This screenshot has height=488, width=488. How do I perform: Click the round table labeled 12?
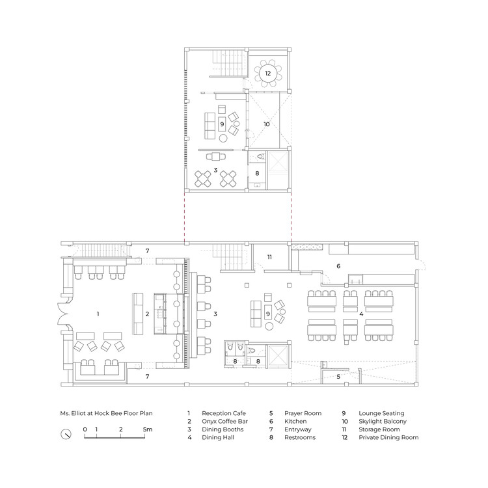click(x=268, y=74)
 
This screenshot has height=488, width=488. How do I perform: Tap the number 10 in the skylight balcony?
click(x=267, y=124)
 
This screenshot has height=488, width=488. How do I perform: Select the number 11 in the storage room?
click(x=269, y=257)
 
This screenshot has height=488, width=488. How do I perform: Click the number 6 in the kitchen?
click(x=338, y=266)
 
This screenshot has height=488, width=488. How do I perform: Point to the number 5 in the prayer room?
click(x=338, y=377)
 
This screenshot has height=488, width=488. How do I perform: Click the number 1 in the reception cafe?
click(x=98, y=314)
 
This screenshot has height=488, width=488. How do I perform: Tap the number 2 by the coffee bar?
click(x=147, y=314)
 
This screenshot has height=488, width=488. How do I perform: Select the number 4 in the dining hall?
click(x=361, y=314)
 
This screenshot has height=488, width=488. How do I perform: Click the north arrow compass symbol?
click(x=66, y=434)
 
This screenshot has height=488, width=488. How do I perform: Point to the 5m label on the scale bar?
click(x=148, y=429)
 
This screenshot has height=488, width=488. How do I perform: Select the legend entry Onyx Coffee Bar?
click(x=224, y=422)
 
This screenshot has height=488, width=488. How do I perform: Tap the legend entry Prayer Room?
click(x=303, y=413)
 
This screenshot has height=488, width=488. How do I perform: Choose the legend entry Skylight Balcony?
click(x=383, y=422)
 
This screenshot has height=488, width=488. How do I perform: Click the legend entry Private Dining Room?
click(x=388, y=438)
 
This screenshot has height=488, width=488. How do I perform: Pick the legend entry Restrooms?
click(x=300, y=438)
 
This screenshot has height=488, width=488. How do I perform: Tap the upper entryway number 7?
click(x=147, y=251)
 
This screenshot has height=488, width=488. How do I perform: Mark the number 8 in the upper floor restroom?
click(x=257, y=173)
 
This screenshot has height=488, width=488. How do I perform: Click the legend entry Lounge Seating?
click(x=381, y=413)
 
